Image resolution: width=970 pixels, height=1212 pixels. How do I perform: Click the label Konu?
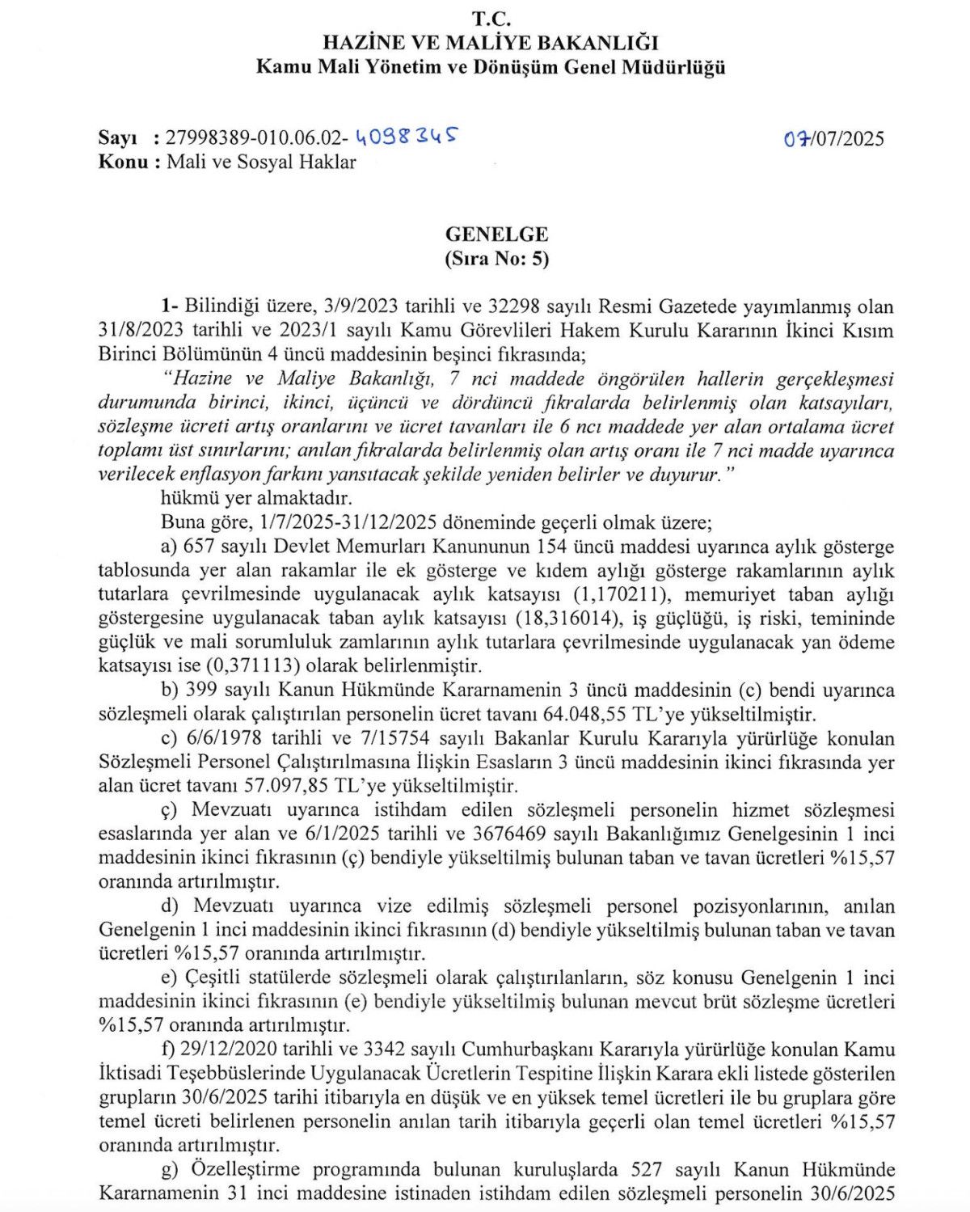click(122, 162)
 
